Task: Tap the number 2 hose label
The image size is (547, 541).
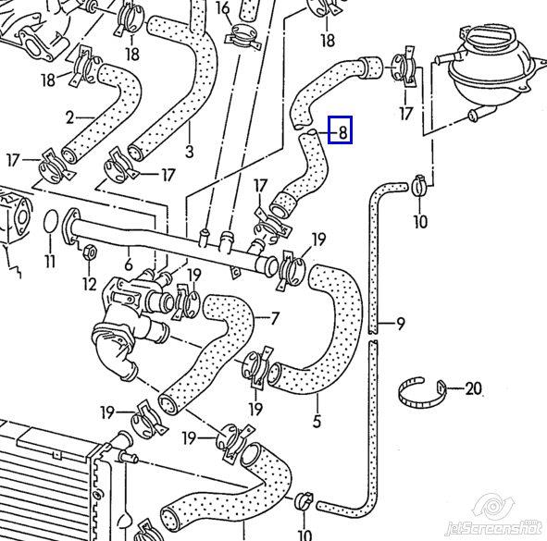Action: (x=69, y=117)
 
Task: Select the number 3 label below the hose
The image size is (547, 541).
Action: (x=189, y=152)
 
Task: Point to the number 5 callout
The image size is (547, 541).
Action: (x=317, y=422)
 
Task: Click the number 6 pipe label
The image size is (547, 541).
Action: (x=129, y=264)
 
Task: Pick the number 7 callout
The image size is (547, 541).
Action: (x=275, y=318)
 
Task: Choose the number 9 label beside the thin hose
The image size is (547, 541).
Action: (x=401, y=324)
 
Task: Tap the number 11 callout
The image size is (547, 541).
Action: (x=50, y=261)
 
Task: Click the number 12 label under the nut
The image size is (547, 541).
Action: (x=90, y=284)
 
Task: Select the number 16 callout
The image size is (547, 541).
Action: (x=223, y=8)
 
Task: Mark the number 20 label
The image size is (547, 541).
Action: (x=473, y=388)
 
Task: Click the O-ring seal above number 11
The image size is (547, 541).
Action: (x=51, y=221)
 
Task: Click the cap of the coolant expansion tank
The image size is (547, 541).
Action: (x=491, y=37)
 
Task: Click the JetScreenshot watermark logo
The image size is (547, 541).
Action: (x=494, y=517)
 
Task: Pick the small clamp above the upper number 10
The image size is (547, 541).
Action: (x=419, y=186)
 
